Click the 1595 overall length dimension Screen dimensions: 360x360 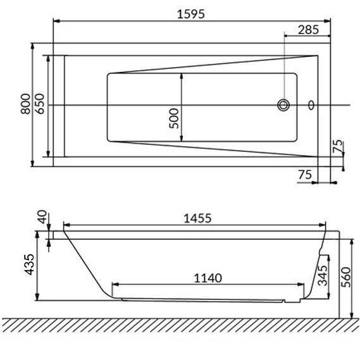[x=191, y=14]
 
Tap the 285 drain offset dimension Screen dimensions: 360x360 [x=308, y=30]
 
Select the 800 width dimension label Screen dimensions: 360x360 [x=25, y=104]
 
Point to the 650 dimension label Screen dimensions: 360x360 [x=40, y=104]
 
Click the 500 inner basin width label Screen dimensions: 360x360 [x=174, y=118]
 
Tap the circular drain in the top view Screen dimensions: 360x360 [x=283, y=105]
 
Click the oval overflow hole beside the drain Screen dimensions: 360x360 [x=311, y=105]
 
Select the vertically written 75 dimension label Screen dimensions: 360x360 [x=337, y=146]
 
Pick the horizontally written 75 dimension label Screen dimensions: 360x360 [x=305, y=175]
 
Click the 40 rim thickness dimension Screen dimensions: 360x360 [x=42, y=217]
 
